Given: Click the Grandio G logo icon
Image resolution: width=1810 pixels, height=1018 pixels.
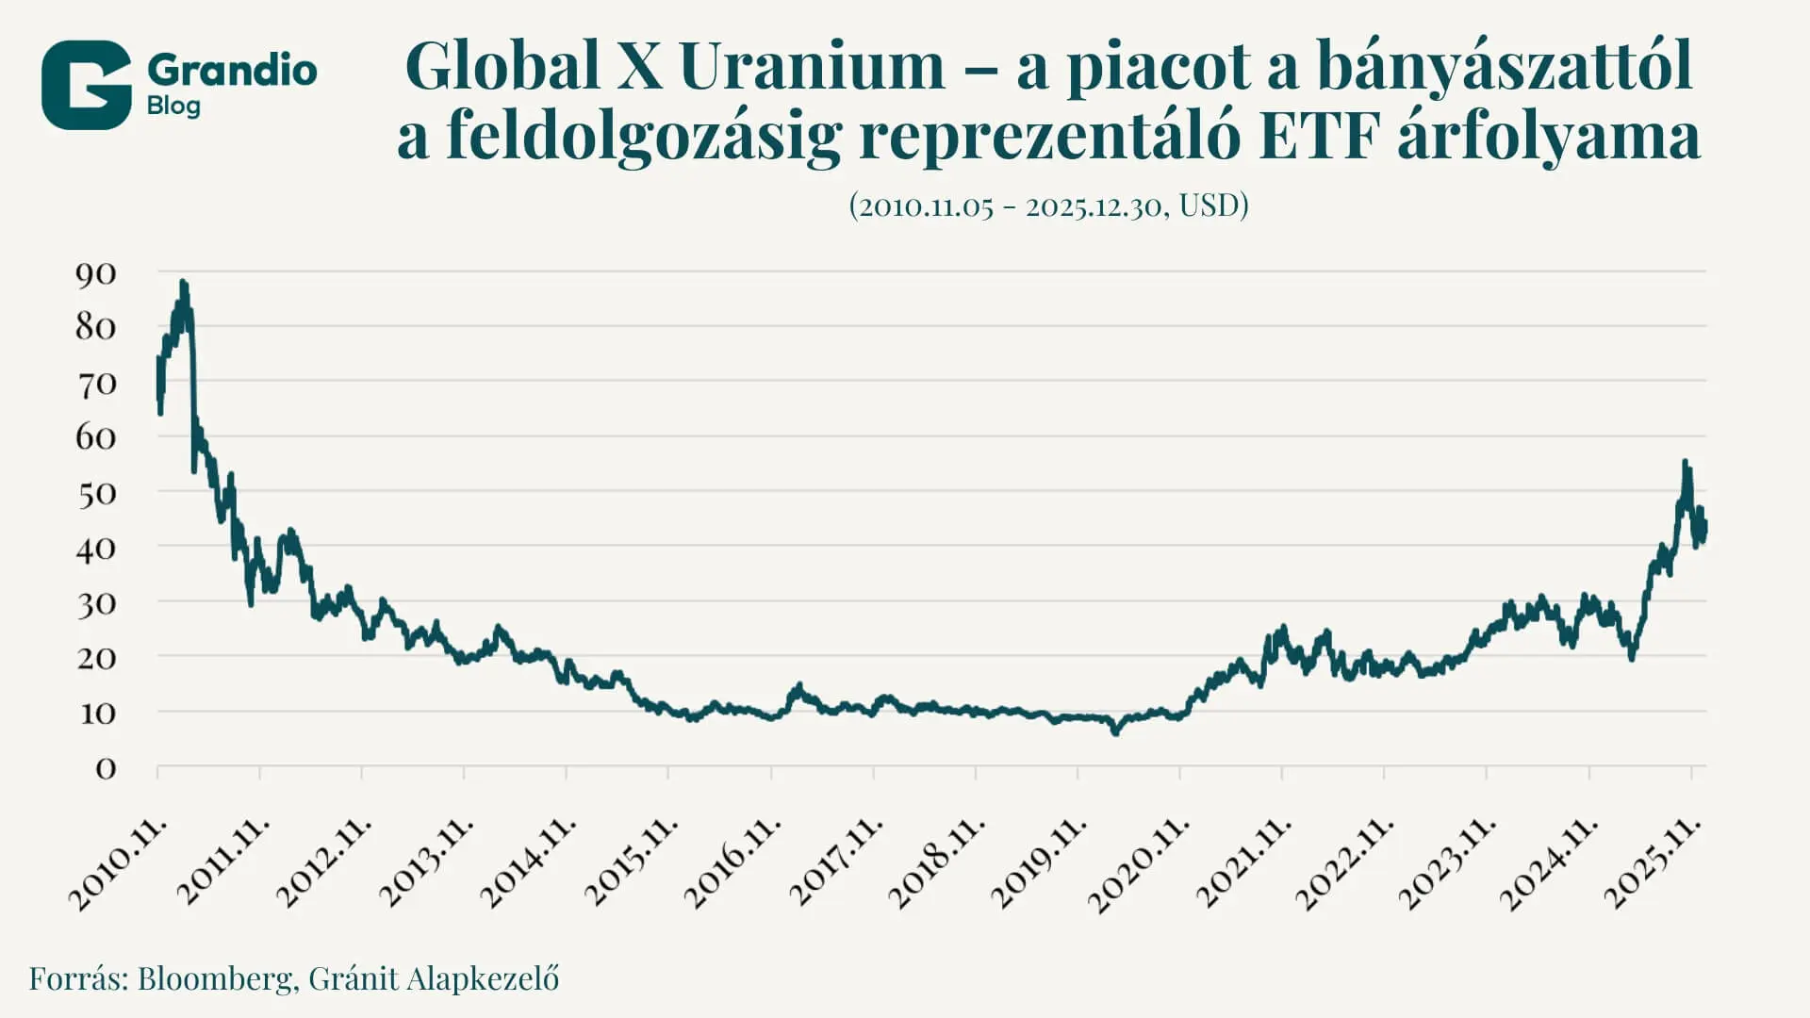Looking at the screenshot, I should [x=86, y=85].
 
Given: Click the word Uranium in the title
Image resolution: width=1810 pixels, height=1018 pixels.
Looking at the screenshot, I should [x=811, y=66].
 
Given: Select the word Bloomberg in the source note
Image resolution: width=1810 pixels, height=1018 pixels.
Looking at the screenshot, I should [x=215, y=978].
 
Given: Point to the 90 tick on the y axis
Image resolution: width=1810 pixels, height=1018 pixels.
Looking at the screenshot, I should [x=95, y=274].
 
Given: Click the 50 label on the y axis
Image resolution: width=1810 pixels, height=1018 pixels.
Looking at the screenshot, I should [x=95, y=494].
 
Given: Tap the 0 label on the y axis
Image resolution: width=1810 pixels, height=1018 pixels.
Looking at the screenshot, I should [x=106, y=769].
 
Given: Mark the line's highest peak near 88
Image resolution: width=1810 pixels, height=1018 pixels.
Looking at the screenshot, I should [x=183, y=283].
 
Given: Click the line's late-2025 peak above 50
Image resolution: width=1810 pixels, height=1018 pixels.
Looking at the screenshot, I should [x=1686, y=463].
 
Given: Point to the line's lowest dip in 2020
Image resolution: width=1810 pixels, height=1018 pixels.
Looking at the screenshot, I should [x=1116, y=731].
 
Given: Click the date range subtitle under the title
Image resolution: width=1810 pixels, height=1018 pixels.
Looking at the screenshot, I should [x=1048, y=205].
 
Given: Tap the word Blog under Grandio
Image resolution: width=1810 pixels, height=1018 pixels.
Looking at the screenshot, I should [x=173, y=106].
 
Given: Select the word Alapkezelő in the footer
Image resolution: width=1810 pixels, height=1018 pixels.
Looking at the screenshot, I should [x=483, y=978].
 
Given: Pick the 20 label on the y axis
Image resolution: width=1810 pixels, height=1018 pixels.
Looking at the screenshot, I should [x=95, y=658].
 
